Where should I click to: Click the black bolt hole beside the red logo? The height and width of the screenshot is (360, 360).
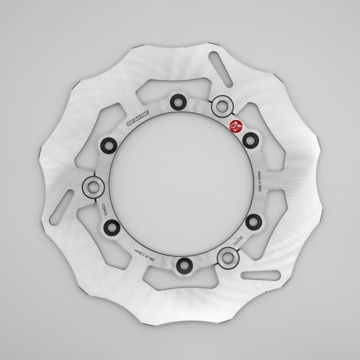249,138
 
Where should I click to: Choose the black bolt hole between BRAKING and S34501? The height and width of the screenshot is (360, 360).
109,145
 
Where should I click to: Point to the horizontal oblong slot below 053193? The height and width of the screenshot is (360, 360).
259,276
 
